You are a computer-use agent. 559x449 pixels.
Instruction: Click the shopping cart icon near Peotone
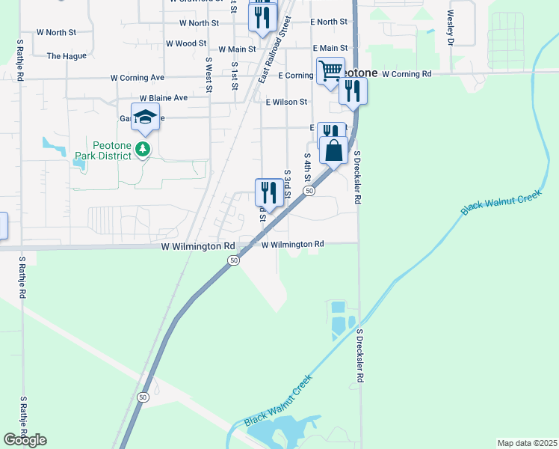(x=330, y=71)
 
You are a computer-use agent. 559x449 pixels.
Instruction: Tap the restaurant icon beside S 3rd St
(x=269, y=192)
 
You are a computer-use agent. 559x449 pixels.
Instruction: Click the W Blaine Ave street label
(x=164, y=98)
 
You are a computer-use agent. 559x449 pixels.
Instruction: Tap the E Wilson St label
(x=285, y=102)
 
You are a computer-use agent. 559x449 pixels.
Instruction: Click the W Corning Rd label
(x=407, y=75)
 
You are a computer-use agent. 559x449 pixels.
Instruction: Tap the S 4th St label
(x=307, y=168)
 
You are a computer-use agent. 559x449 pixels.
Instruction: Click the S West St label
(x=209, y=75)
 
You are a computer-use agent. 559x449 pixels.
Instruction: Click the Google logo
(x=25, y=440)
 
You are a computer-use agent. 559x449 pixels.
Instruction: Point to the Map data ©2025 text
(x=527, y=443)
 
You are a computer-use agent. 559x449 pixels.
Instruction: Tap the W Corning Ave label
(x=137, y=77)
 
